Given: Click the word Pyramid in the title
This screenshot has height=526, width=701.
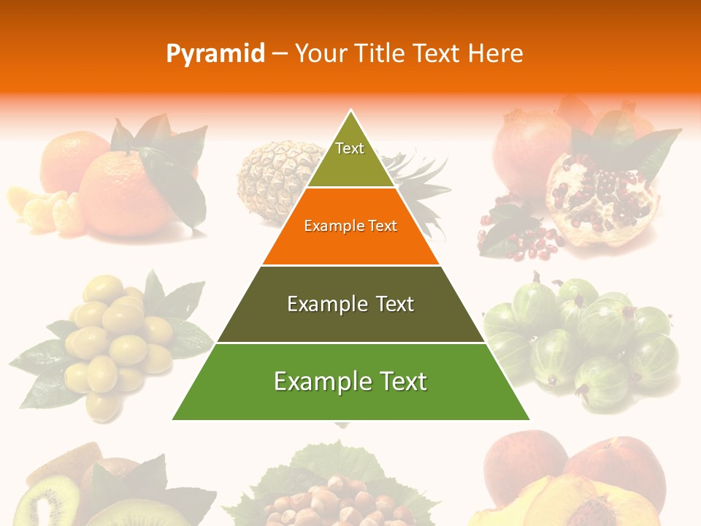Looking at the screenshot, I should coord(215,54).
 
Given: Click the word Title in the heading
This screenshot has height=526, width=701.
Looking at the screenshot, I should coord(380,54).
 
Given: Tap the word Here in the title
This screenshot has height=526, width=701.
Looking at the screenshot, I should coord(495,54).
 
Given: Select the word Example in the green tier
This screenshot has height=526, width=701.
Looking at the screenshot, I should coord(317,381).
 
